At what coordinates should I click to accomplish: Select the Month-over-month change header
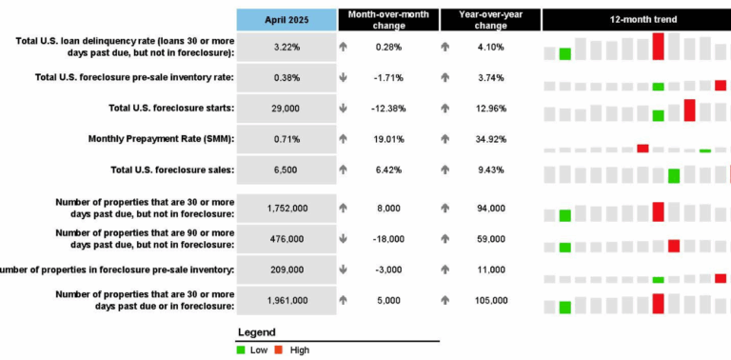386,19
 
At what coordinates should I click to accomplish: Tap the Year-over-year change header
489,19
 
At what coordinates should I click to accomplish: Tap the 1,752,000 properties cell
287,208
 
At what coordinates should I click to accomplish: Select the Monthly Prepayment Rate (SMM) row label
161,139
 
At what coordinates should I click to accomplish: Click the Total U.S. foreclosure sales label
171,170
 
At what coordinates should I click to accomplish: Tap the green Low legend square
241,350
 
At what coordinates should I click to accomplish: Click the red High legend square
279,350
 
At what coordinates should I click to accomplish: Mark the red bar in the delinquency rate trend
658,46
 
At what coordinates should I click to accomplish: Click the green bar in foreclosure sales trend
674,175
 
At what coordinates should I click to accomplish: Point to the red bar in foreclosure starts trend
689,110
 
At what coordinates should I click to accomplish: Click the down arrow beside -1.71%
344,78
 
